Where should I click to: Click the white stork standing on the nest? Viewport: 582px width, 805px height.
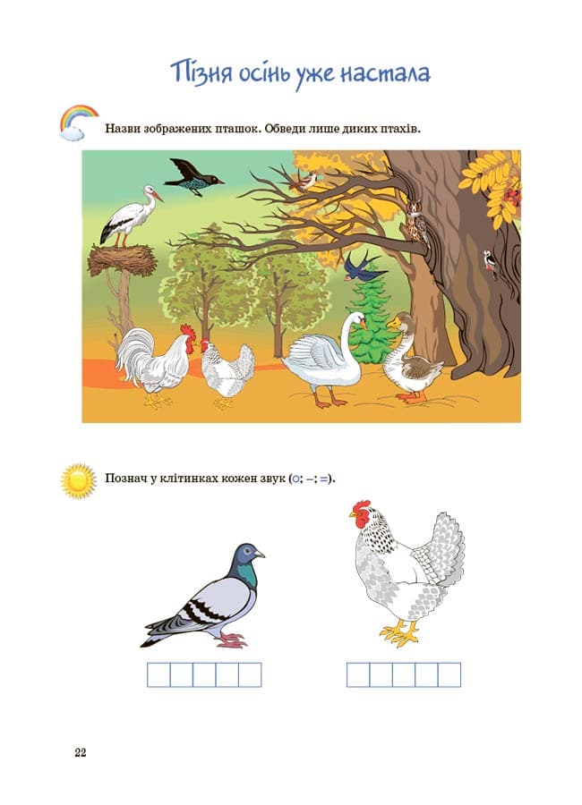coord(130,216)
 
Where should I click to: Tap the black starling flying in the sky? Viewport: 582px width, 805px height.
coord(192,178)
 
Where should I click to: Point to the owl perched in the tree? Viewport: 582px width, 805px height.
coord(417,224)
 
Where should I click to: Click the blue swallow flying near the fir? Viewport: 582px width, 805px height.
coord(364,266)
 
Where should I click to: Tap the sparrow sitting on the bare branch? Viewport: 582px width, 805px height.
coord(304,182)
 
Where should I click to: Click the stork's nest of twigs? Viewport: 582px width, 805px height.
coord(122,260)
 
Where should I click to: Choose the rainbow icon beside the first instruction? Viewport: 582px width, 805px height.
coord(78,122)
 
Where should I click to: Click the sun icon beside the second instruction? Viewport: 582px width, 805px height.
coord(79,480)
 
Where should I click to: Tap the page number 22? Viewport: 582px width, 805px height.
coord(81,752)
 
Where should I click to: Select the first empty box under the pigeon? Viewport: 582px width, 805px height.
coord(158,674)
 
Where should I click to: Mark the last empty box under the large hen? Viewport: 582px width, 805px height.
coord(449,674)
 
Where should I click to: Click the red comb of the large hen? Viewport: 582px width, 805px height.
coord(361,512)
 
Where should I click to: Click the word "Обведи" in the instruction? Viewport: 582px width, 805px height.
coord(286,128)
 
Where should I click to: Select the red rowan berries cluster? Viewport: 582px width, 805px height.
coord(513,195)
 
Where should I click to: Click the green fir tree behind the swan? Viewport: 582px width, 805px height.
coord(372,319)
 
